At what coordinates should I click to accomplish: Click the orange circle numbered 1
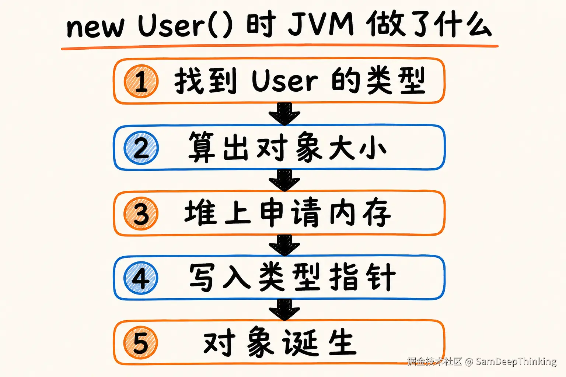[x=141, y=81]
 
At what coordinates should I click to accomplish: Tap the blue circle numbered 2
[x=141, y=148]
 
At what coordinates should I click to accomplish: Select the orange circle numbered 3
[x=141, y=214]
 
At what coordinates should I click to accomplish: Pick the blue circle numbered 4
[x=141, y=278]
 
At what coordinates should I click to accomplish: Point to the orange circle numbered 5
[x=141, y=342]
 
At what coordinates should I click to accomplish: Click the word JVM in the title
[x=321, y=25]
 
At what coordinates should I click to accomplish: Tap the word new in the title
[x=95, y=27]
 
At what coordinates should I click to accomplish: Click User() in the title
[x=185, y=25]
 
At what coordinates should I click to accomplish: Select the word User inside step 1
[x=285, y=81]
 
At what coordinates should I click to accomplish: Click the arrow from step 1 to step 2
[x=284, y=114]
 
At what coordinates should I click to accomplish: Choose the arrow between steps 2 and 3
[x=284, y=180]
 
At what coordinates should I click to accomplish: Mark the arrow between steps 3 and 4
[x=284, y=245]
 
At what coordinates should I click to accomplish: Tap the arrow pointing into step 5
[x=284, y=310]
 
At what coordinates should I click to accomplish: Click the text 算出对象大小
[x=287, y=147]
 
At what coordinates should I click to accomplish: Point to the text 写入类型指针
[x=292, y=277]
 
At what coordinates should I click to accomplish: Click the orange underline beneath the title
[x=280, y=47]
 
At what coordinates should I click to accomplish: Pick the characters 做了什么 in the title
[x=429, y=25]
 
